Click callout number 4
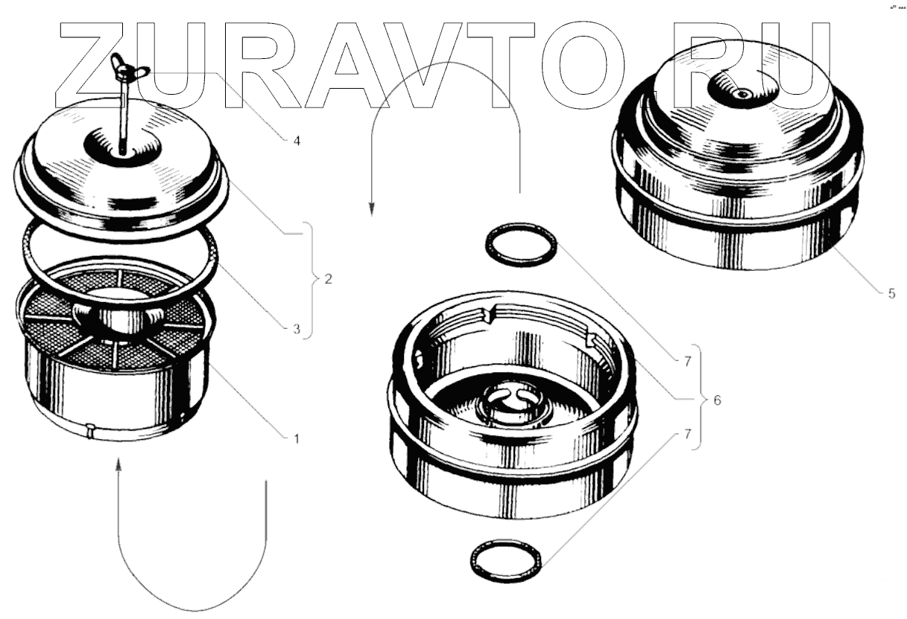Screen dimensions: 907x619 click(297, 142)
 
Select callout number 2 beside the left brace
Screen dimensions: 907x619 click(329, 279)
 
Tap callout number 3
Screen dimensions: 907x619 click(297, 330)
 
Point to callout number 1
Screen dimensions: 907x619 click(297, 439)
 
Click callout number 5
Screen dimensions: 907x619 click(891, 294)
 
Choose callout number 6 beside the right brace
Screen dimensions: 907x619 click(717, 400)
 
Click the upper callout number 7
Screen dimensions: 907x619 click(687, 362)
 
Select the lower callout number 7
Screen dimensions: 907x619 click(687, 434)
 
